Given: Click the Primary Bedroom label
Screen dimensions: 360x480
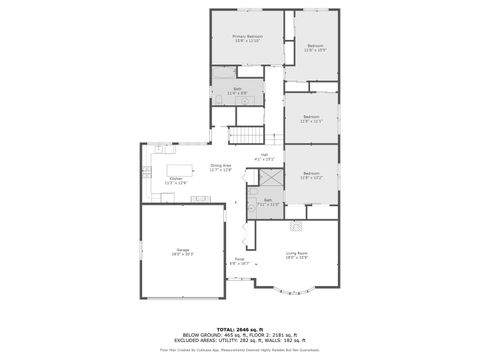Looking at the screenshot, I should [x=246, y=39].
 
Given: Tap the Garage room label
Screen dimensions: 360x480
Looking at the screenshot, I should [x=182, y=252].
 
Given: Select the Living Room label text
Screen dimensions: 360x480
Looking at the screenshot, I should [x=297, y=255].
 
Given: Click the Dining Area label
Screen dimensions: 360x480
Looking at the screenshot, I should [x=221, y=167].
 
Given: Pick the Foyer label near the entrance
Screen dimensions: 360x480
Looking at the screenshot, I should [x=240, y=261].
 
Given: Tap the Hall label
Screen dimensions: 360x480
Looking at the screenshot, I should [x=265, y=155].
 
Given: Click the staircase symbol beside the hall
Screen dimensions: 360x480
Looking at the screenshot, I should [x=244, y=135].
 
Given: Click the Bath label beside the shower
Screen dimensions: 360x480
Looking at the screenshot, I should [x=268, y=201].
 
